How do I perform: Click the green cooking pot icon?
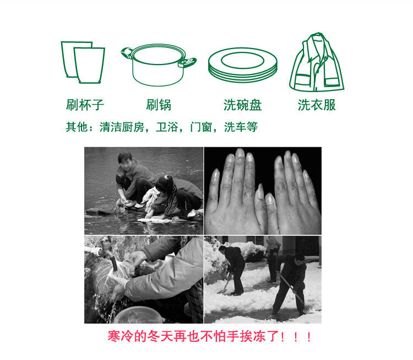coord(158,65)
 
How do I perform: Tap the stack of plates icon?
coord(243,65)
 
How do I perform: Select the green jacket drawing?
coord(316,62)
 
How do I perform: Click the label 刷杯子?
coord(85,105)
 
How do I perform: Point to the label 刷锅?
coord(159,105)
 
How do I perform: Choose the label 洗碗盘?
coord(242,105)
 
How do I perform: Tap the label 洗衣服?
coord(317,105)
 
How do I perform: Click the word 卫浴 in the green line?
coord(167,127)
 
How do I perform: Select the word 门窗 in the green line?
coord(201,127)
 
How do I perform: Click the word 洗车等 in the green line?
coord(241,127)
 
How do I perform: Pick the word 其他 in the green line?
coord(77,127)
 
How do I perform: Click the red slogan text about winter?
coord(210,336)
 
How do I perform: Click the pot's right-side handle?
coord(187,63)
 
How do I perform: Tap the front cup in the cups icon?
coord(89,65)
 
